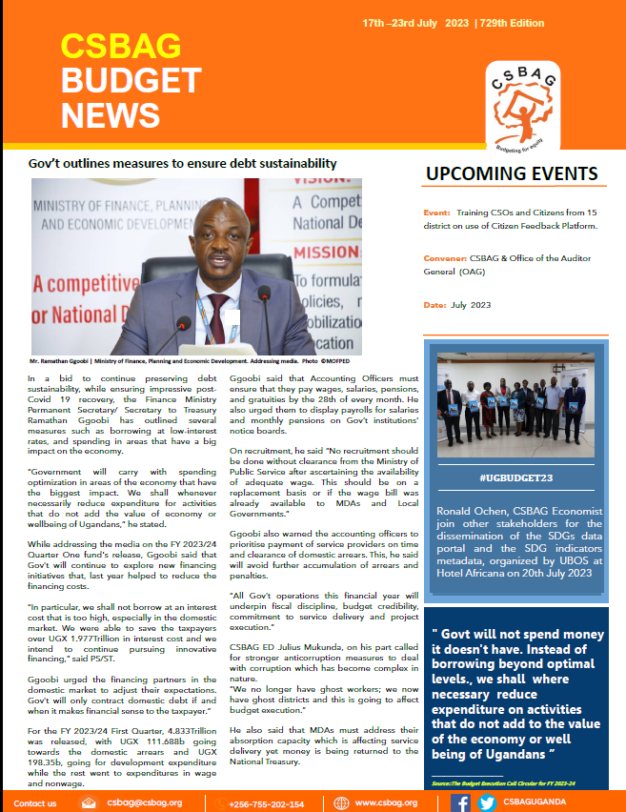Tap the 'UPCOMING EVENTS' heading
[x=512, y=174]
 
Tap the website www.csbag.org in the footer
[x=386, y=802]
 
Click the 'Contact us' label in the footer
[x=35, y=802]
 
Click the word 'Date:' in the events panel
[x=434, y=304]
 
